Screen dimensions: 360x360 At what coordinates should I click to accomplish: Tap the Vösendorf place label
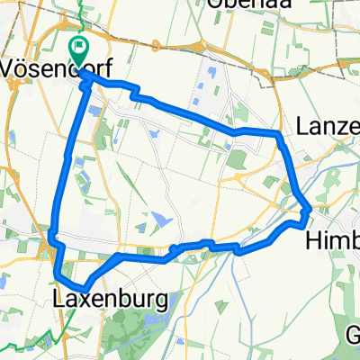point(54,67)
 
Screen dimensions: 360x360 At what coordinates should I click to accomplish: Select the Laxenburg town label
point(109,298)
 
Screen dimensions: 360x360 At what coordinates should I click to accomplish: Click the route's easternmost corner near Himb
point(309,210)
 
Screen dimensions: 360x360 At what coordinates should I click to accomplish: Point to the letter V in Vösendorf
point(10,67)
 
